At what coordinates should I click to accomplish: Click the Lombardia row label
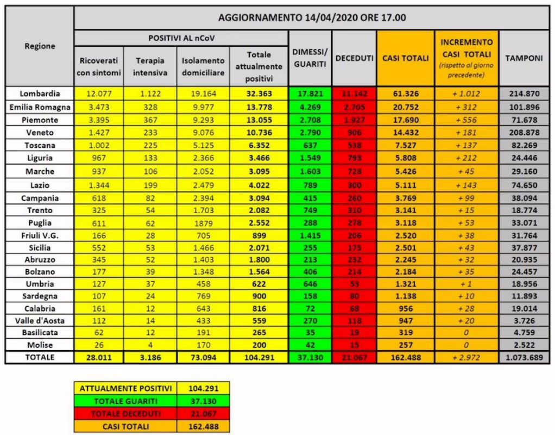click(39, 93)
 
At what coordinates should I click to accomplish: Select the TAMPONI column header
click(524, 58)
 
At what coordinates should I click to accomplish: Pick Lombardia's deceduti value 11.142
click(354, 94)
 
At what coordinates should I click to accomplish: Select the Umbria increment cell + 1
click(466, 284)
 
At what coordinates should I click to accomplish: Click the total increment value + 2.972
click(466, 358)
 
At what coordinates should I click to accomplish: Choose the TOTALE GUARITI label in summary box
click(125, 401)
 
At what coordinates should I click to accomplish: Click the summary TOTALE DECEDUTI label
click(125, 414)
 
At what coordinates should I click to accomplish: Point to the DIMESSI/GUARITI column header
click(310, 58)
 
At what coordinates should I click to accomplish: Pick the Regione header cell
click(40, 46)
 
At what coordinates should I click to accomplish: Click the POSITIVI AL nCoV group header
click(181, 38)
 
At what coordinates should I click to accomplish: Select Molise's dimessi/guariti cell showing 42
click(310, 344)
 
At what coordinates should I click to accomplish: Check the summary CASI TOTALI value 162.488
click(204, 426)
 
